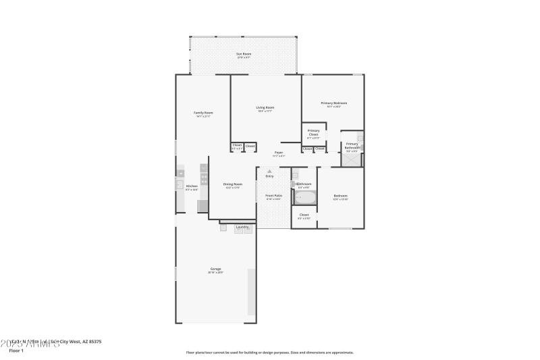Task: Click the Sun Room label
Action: coord(243,54)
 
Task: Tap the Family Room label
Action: coord(203,113)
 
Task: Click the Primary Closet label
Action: coord(313,132)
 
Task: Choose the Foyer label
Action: coord(278,153)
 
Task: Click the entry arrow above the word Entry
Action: coord(269,171)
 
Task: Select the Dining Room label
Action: coord(232,185)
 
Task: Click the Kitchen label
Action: coord(192,186)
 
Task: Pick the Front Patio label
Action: coord(273,197)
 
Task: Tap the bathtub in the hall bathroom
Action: coord(304,198)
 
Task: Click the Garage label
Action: coord(215,269)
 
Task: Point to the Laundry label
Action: coord(242,227)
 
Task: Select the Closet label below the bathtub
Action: coord(304,215)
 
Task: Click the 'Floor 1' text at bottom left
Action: coord(16,351)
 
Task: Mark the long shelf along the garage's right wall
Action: coord(252,291)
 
